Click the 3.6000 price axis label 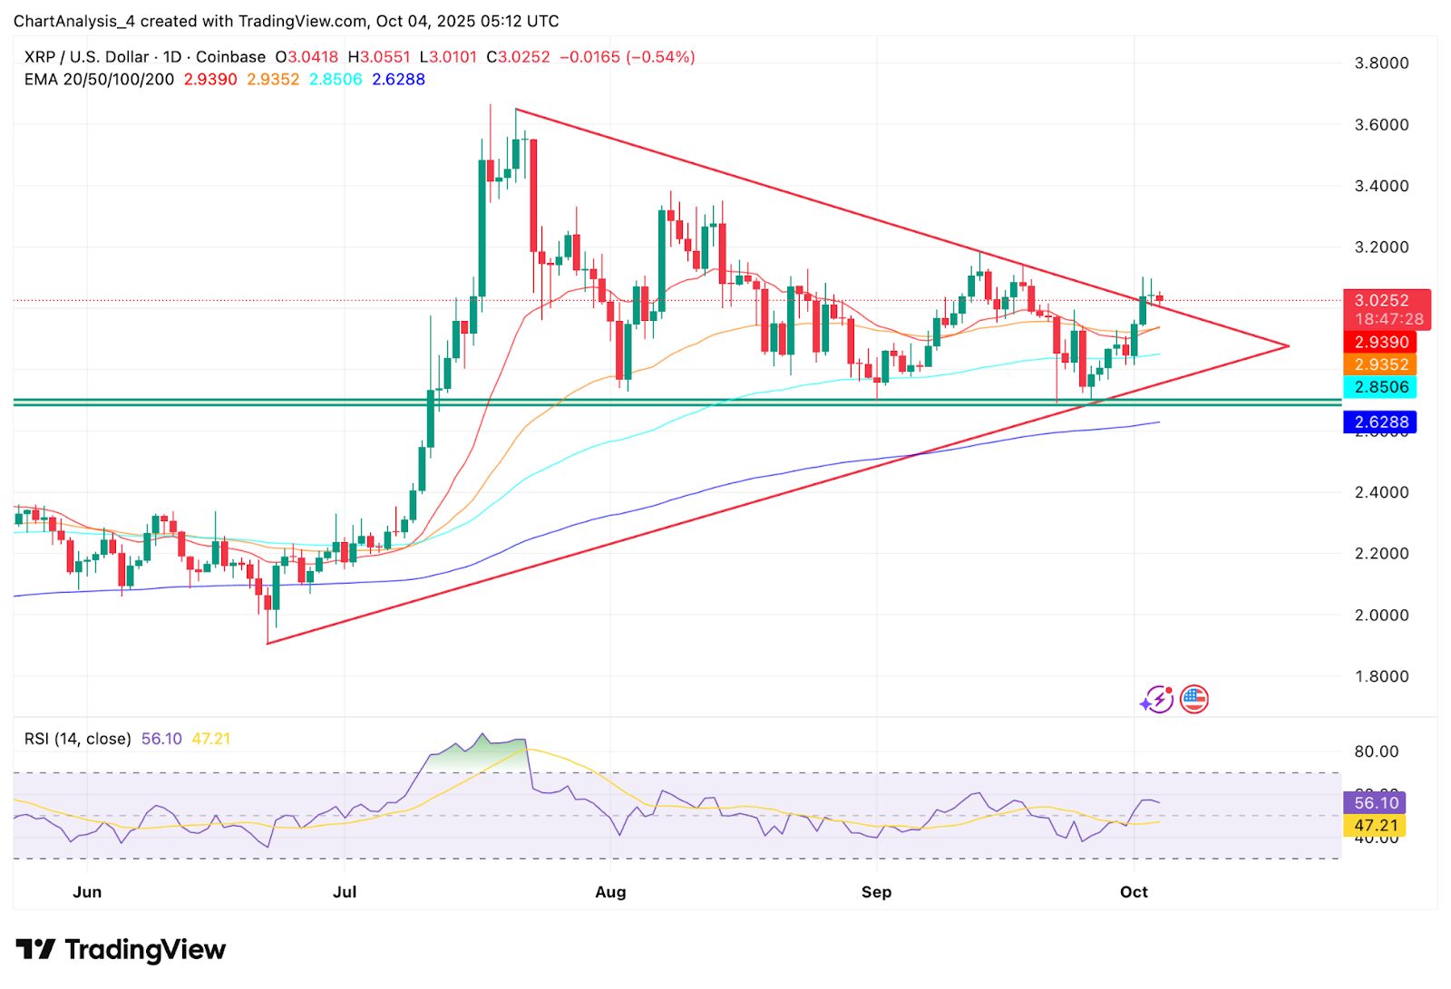[x=1381, y=124]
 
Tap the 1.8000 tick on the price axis [x=1381, y=676]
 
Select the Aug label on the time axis [x=610, y=892]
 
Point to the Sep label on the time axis [x=876, y=892]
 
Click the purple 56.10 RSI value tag [x=1376, y=802]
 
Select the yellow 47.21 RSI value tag [x=1376, y=825]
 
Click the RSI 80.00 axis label [x=1376, y=751]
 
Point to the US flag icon [x=1194, y=699]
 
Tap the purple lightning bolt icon [x=1157, y=699]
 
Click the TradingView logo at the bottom [x=121, y=949]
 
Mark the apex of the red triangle [x=1288, y=345]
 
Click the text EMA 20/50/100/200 [x=99, y=80]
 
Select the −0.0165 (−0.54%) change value [x=627, y=57]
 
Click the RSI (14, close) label [x=78, y=739]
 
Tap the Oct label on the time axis [x=1134, y=892]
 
